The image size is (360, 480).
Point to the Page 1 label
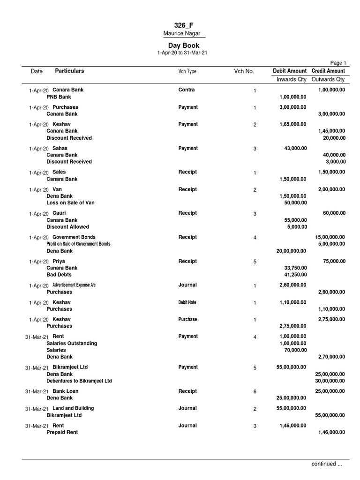point(338,63)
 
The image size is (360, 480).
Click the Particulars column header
point(69,71)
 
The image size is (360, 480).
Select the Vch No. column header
point(244,71)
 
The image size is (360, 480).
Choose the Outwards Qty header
point(328,79)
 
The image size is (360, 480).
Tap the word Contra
point(187,90)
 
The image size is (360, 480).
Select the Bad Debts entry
point(59,275)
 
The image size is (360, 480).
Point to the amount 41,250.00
point(295,275)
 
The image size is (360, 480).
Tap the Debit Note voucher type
point(187,302)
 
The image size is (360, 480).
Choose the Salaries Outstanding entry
point(72,343)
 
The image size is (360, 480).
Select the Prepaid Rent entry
point(62,433)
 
